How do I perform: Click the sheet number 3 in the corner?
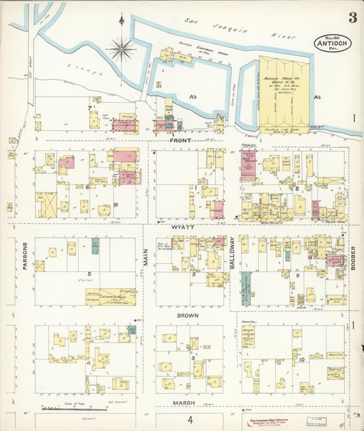351,17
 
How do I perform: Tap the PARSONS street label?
25,256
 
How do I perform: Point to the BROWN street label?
188,316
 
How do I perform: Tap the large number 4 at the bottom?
191,420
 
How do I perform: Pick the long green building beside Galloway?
245,287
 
